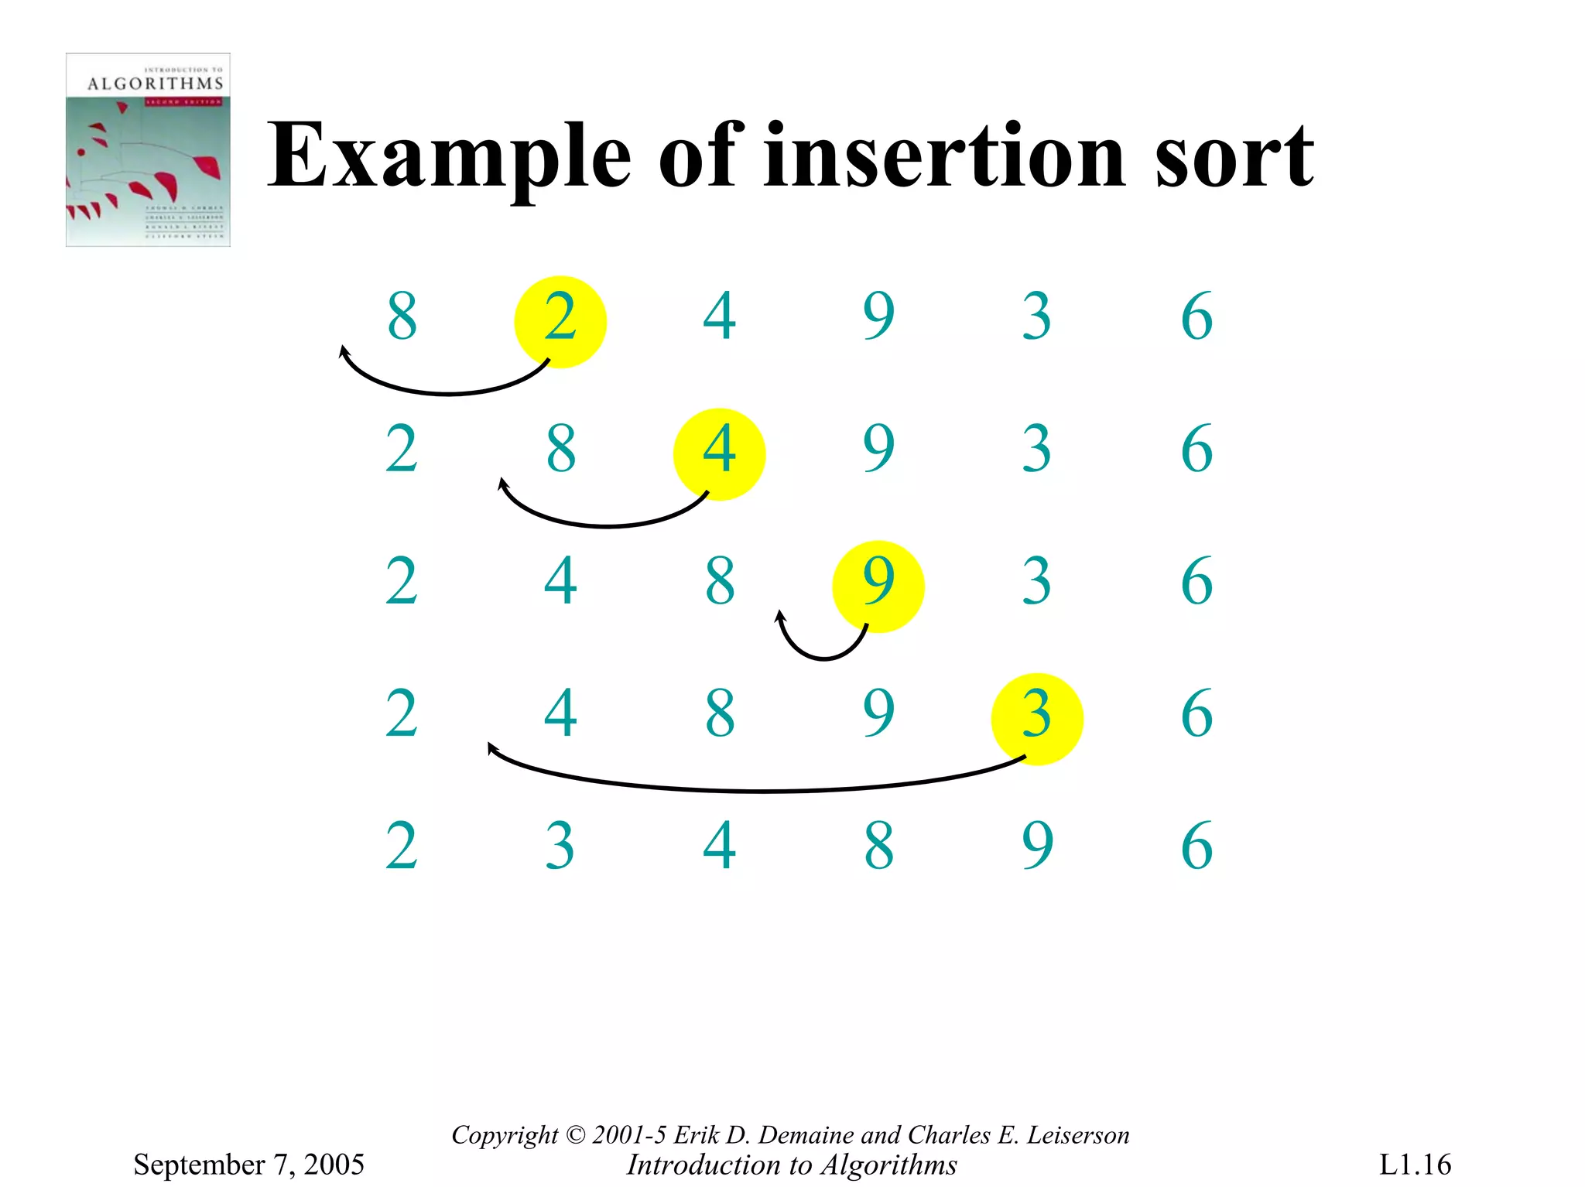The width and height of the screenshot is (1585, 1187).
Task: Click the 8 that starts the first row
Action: pyautogui.click(x=402, y=316)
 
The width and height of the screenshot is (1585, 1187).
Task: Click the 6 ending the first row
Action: pyautogui.click(x=1196, y=316)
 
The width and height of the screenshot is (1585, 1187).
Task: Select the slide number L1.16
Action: pyautogui.click(x=1415, y=1165)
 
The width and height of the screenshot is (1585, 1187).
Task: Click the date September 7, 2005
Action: pyautogui.click(x=248, y=1165)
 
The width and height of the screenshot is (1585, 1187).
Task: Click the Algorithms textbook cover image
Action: pyautogui.click(x=148, y=150)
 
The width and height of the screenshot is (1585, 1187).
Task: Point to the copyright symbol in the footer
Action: pyautogui.click(x=576, y=1135)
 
